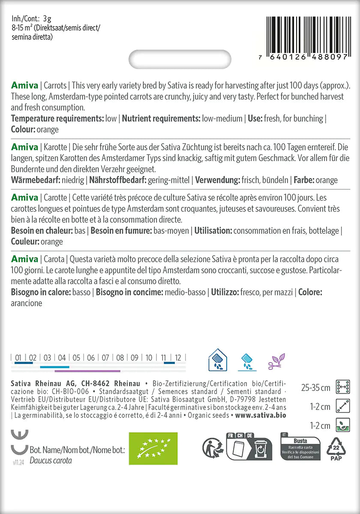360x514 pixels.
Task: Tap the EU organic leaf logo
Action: point(153,448)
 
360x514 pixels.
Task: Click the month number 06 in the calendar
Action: point(91,358)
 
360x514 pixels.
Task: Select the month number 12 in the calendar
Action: point(178,358)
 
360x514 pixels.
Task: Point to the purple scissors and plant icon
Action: point(276,361)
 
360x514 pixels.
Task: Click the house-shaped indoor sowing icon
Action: point(217,360)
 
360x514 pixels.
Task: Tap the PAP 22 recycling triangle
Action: point(336,448)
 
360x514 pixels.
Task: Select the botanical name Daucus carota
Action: point(51,461)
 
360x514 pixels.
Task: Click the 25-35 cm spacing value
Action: point(316,388)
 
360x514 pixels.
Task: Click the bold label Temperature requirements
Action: point(57,119)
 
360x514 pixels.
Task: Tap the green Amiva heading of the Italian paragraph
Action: point(24,259)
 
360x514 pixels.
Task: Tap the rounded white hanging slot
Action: point(180,59)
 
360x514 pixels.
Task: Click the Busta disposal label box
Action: point(300,448)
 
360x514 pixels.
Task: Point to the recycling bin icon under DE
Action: point(261,449)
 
